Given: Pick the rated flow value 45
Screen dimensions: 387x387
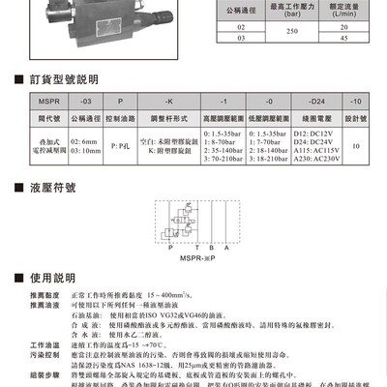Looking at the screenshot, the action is click(343, 40).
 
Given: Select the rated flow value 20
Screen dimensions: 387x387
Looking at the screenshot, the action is click(343, 29).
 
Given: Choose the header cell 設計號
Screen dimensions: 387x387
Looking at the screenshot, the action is click(355, 115).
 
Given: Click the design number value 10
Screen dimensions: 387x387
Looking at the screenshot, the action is click(355, 145).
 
